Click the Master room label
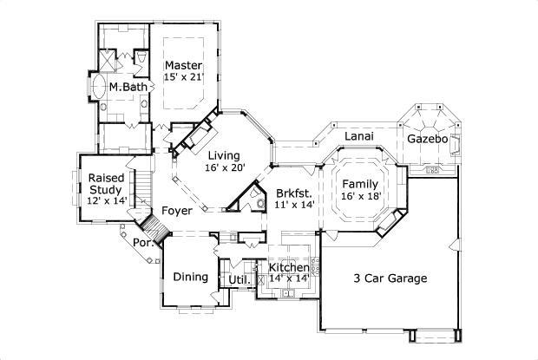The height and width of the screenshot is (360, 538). (x=184, y=66)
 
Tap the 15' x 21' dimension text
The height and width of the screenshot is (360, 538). (x=184, y=78)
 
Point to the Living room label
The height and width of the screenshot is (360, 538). (x=225, y=155)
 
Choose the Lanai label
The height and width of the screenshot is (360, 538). (x=359, y=137)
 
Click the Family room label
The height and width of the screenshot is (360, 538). (x=359, y=185)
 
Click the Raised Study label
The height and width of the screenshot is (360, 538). (x=107, y=183)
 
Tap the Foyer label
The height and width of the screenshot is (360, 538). (x=177, y=211)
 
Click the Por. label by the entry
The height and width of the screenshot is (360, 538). (x=143, y=243)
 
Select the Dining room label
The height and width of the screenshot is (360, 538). (x=190, y=278)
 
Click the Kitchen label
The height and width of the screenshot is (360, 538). (x=288, y=268)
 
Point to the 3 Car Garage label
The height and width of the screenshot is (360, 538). (x=390, y=278)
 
